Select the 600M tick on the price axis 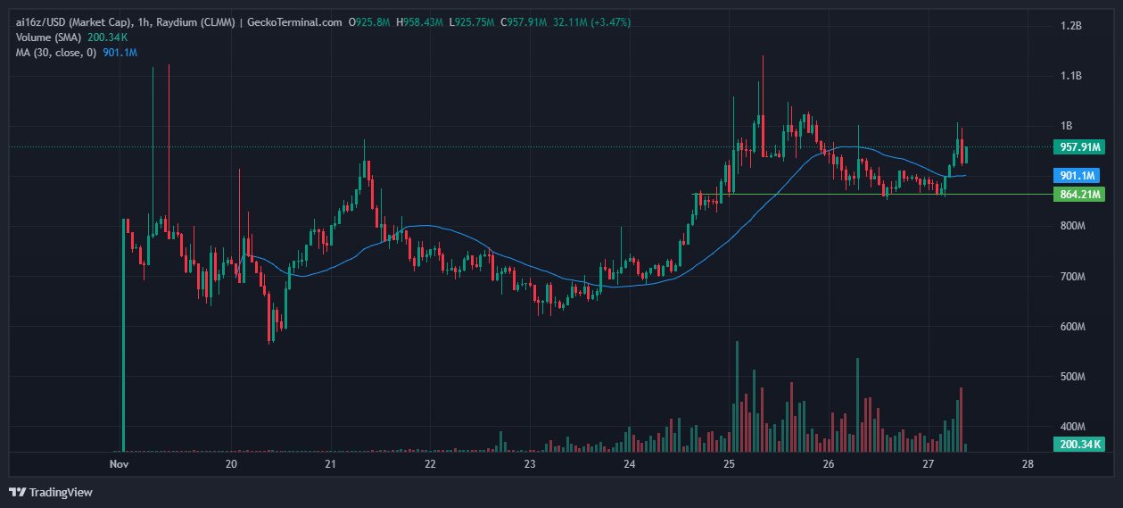coord(1070,327)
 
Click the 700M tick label coord(1070,277)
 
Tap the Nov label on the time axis coord(119,464)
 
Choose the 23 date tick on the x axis coord(530,464)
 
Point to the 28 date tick coord(1028,464)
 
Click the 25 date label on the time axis coord(729,464)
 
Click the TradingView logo coord(50,492)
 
